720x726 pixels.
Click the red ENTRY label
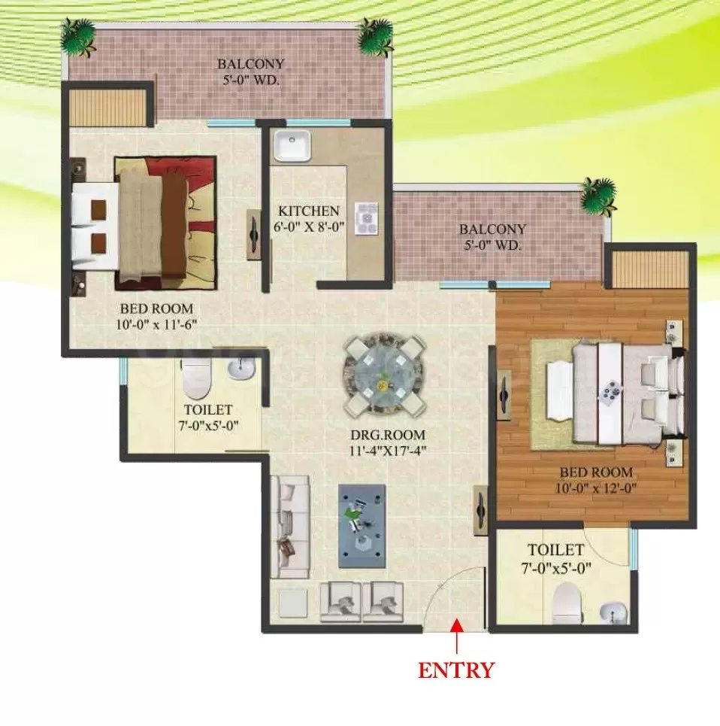(x=456, y=670)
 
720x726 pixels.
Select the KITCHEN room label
(x=308, y=211)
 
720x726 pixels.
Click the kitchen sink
(x=292, y=145)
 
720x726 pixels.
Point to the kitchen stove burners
(x=368, y=218)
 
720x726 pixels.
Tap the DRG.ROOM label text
(x=388, y=436)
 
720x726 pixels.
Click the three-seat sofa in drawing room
(x=289, y=527)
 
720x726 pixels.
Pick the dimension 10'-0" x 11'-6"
(x=156, y=324)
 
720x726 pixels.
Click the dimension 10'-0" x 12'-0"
(x=597, y=488)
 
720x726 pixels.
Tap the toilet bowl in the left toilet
(x=196, y=378)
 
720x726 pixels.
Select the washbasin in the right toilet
(x=613, y=613)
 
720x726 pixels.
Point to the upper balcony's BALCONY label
(x=251, y=63)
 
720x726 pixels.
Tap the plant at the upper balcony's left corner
(x=79, y=38)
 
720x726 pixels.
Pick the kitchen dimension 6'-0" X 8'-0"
(x=308, y=228)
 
